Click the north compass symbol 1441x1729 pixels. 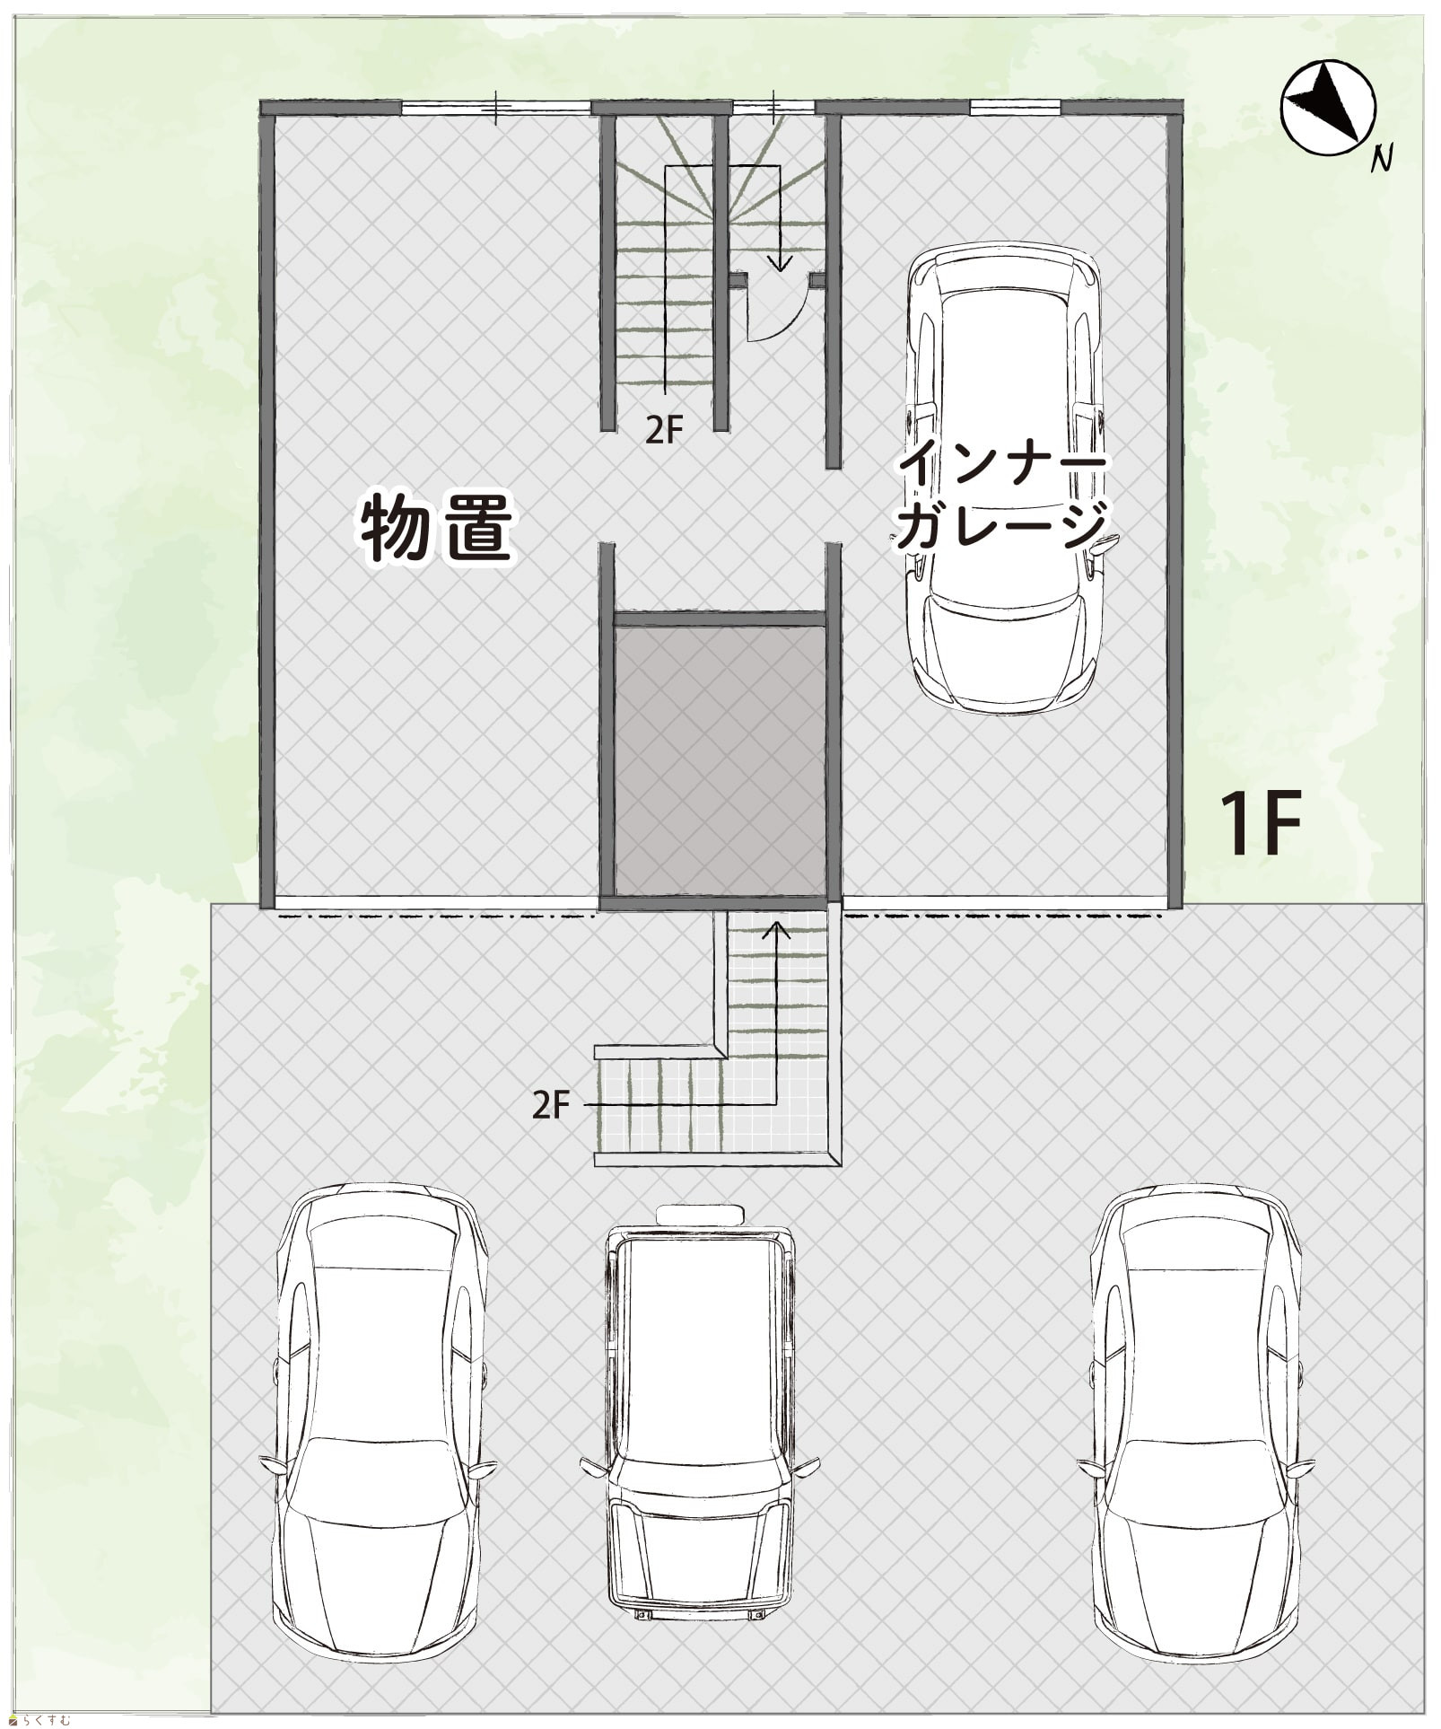[x=1328, y=108]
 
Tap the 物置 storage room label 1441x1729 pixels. [x=437, y=529]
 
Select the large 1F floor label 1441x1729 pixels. [x=1261, y=823]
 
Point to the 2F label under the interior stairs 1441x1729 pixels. [x=664, y=431]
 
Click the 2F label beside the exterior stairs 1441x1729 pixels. [x=551, y=1105]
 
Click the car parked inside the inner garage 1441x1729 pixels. [x=1002, y=478]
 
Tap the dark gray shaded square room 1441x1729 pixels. [x=720, y=760]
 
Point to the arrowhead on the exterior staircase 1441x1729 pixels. [x=776, y=929]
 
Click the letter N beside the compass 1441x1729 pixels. [x=1383, y=159]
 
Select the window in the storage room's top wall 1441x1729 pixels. [x=495, y=108]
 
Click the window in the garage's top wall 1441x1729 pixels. [x=1015, y=108]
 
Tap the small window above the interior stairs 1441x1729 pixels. [x=773, y=108]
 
